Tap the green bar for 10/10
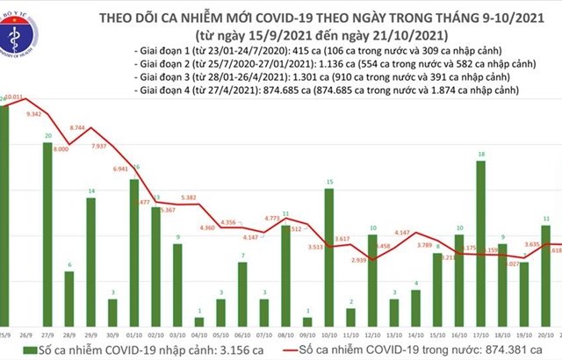click(328, 255)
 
